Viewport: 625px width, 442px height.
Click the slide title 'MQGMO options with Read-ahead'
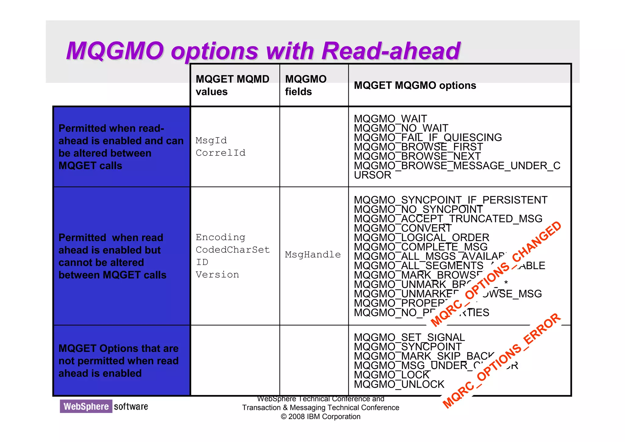[263, 51]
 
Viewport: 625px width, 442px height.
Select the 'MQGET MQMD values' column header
[232, 85]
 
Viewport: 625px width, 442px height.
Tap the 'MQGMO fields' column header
[305, 85]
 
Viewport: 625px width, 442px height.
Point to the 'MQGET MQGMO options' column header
[415, 86]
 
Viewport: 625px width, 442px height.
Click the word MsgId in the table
[211, 141]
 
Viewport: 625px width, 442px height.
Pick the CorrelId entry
[220, 153]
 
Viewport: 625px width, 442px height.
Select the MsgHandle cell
[313, 254]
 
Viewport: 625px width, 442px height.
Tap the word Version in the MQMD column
[217, 275]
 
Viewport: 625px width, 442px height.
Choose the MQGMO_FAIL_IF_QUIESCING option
[428, 137]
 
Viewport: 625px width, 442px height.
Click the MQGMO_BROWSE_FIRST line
[418, 147]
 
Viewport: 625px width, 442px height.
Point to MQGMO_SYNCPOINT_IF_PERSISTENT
[450, 200]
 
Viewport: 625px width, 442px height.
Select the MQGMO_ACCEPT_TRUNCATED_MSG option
[448, 219]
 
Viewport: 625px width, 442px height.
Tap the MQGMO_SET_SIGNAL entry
[409, 338]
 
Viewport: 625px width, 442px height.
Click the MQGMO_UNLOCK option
[399, 384]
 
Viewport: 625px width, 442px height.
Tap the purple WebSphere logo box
[86, 406]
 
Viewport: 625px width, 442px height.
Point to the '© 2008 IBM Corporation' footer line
[320, 417]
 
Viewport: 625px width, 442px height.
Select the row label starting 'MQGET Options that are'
[118, 361]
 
